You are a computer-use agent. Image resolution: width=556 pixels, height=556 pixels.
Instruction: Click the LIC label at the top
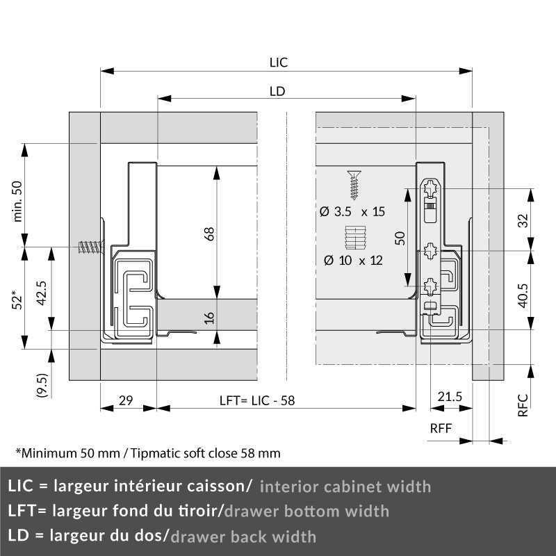pos(279,63)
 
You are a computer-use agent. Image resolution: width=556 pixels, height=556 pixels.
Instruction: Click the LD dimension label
pos(277,92)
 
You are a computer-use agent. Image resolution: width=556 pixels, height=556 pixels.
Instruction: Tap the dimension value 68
pos(209,234)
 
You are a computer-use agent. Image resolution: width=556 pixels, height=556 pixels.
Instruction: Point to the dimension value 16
pos(209,318)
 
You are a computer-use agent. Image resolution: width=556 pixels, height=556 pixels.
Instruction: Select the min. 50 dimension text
pos(17,202)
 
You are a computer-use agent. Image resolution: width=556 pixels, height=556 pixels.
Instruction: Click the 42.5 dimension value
pos(42,293)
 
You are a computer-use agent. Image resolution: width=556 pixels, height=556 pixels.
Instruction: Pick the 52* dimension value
pos(17,300)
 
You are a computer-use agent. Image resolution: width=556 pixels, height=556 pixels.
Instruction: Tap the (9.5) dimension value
pos(42,385)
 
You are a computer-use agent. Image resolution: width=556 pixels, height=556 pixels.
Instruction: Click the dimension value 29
pos(126,400)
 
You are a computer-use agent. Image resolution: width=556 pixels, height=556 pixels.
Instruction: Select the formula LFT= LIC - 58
pos(257,401)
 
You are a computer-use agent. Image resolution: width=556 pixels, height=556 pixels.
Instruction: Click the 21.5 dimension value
pos(450,396)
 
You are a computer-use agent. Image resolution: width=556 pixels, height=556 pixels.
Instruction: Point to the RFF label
pos(441,428)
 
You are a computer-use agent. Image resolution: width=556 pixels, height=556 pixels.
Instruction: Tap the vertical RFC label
pos(523,405)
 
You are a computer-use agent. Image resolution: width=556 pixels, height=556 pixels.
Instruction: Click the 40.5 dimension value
pos(523,295)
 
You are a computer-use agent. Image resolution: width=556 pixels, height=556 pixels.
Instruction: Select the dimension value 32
pos(523,220)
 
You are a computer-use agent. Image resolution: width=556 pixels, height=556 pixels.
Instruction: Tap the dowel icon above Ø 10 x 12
pos(355,238)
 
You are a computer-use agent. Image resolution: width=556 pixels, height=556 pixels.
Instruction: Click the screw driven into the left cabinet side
pos(91,247)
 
